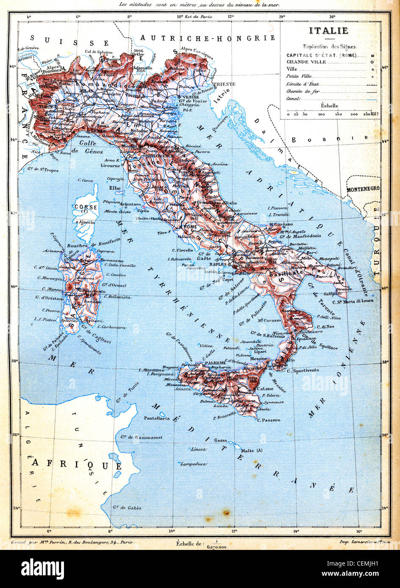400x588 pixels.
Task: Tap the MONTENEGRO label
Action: pyautogui.click(x=363, y=190)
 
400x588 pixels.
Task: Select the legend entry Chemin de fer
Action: pyautogui.click(x=303, y=91)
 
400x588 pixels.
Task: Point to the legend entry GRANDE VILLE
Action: pyautogui.click(x=306, y=62)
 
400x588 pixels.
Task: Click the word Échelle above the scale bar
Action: pyautogui.click(x=329, y=106)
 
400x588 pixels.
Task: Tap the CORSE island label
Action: pyautogui.click(x=86, y=207)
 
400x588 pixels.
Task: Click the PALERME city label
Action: pyautogui.click(x=214, y=363)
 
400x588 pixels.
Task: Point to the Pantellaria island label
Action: pyautogui.click(x=157, y=418)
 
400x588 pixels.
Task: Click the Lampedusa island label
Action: pyautogui.click(x=193, y=464)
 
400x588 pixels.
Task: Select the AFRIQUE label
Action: pyautogui.click(x=77, y=464)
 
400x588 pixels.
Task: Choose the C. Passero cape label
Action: pyautogui.click(x=268, y=420)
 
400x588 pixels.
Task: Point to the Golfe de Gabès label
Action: pyautogui.click(x=128, y=508)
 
